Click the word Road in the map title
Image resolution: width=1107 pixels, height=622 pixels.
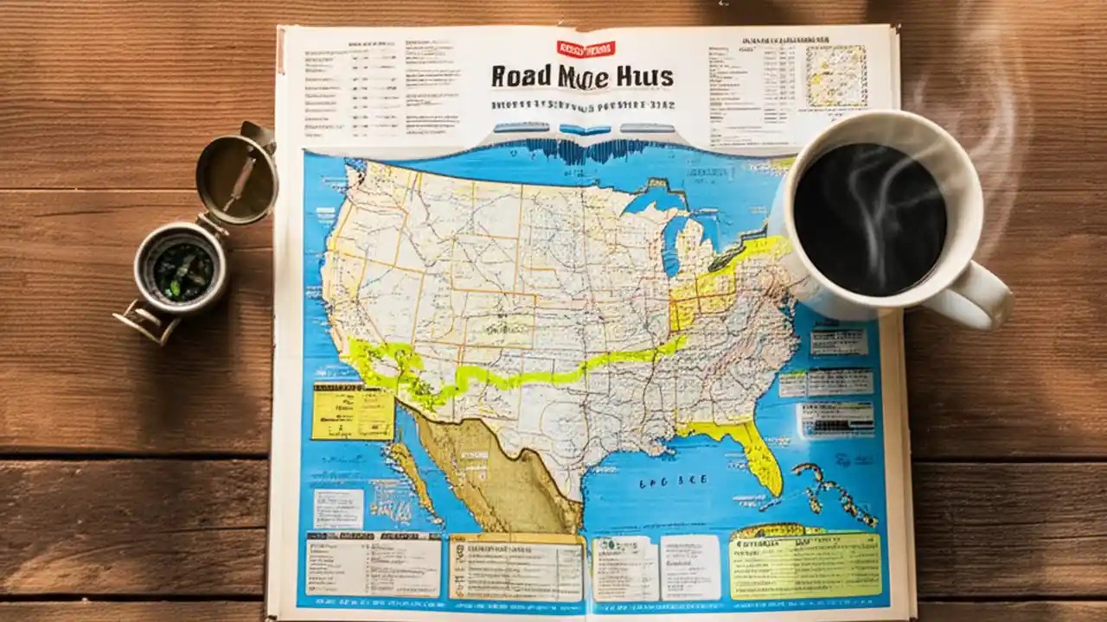tap(521, 76)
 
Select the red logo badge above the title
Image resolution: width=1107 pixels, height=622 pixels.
tap(585, 49)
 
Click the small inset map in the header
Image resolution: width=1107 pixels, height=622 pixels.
tap(835, 76)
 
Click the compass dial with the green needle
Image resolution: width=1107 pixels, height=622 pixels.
tap(182, 270)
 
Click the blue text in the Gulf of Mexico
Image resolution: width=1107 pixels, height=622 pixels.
tap(672, 481)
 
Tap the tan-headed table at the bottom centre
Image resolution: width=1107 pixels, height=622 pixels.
tap(516, 566)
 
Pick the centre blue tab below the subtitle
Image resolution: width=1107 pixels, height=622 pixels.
tap(585, 130)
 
